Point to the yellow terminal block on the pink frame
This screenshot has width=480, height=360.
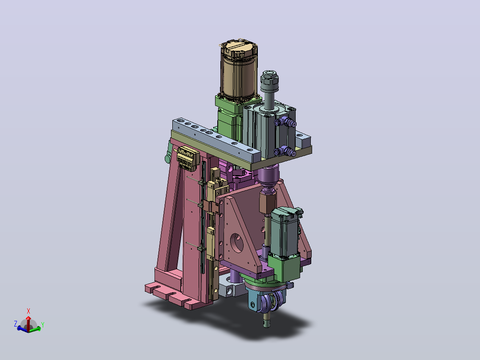[187, 158]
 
